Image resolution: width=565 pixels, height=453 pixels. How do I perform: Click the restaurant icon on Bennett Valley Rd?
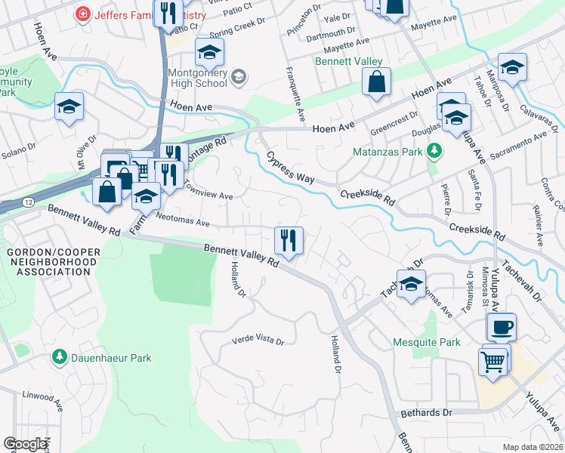pos(289,240)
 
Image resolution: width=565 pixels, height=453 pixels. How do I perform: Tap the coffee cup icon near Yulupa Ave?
pos(501,328)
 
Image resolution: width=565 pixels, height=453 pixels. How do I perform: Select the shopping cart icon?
pos(492,361)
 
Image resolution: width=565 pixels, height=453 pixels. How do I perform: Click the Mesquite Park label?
pos(427,342)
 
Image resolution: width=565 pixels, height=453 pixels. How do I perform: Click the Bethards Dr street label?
pos(426,412)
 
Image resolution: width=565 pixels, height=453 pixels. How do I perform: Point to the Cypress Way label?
pos(289,168)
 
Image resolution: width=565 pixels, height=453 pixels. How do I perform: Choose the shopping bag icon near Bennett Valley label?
pos(376,82)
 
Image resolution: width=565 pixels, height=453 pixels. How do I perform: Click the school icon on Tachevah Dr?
pos(410,285)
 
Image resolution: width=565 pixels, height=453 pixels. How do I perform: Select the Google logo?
pos(26,444)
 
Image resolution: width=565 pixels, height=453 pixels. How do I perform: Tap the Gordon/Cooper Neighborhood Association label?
pos(51,262)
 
